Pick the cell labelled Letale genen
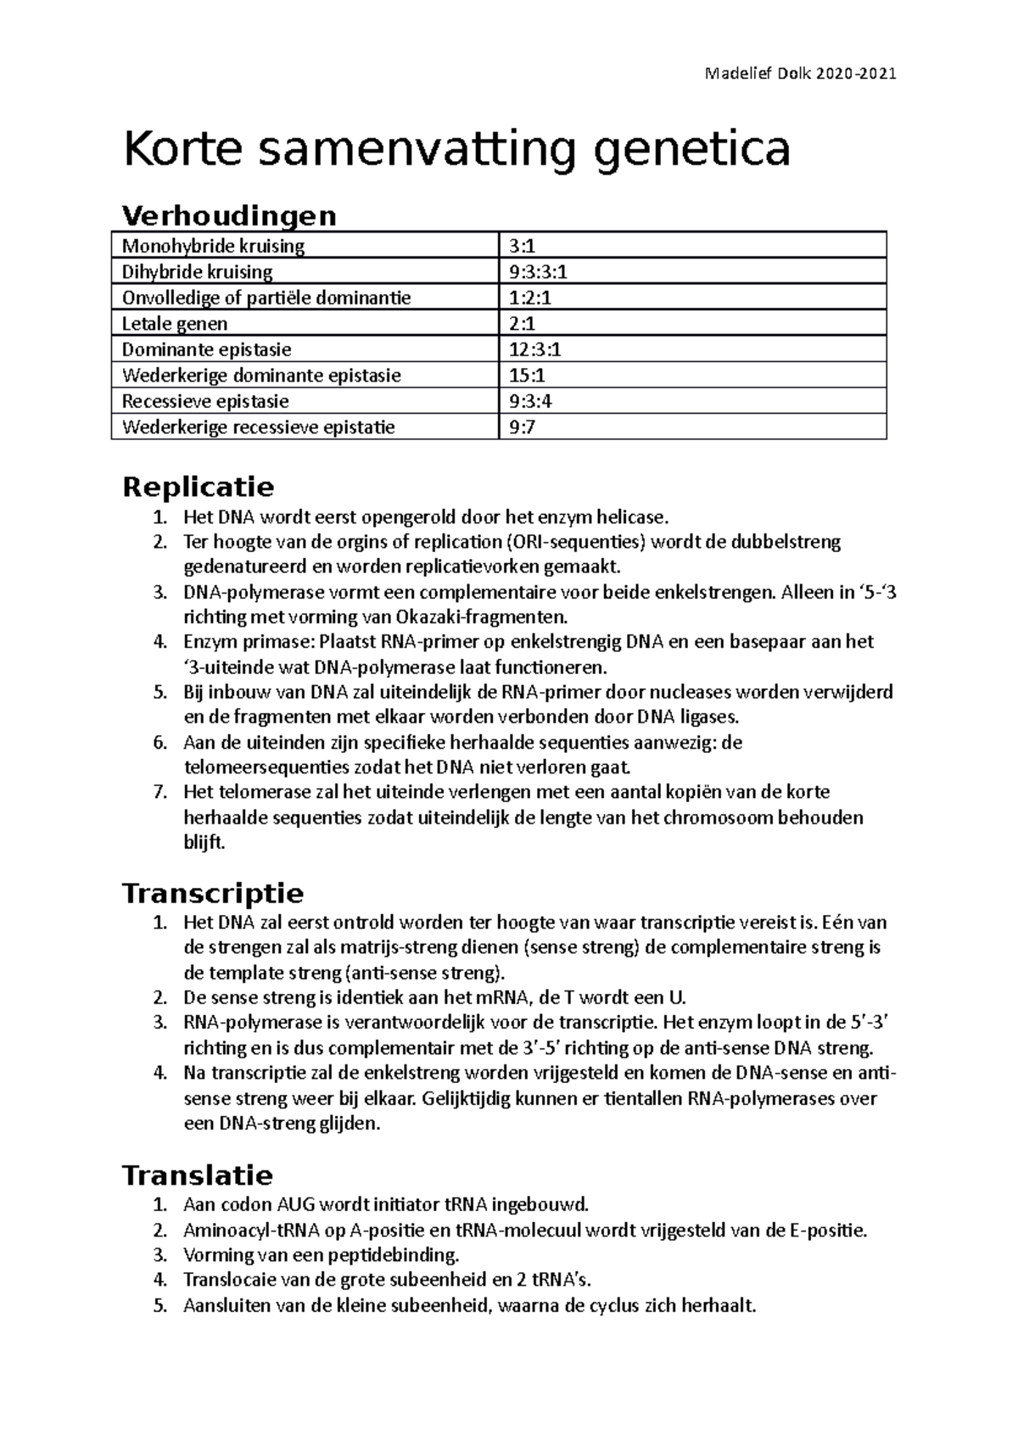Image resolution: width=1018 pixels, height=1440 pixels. [x=175, y=324]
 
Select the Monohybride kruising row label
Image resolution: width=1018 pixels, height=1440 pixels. [x=213, y=247]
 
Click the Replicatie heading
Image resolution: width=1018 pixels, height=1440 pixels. [x=199, y=487]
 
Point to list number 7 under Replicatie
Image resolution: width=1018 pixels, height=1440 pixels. [x=159, y=792]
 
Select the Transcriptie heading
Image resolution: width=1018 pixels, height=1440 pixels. [x=213, y=893]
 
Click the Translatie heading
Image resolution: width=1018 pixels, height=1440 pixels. [x=198, y=1175]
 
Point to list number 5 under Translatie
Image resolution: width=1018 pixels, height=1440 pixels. [x=159, y=1306]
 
